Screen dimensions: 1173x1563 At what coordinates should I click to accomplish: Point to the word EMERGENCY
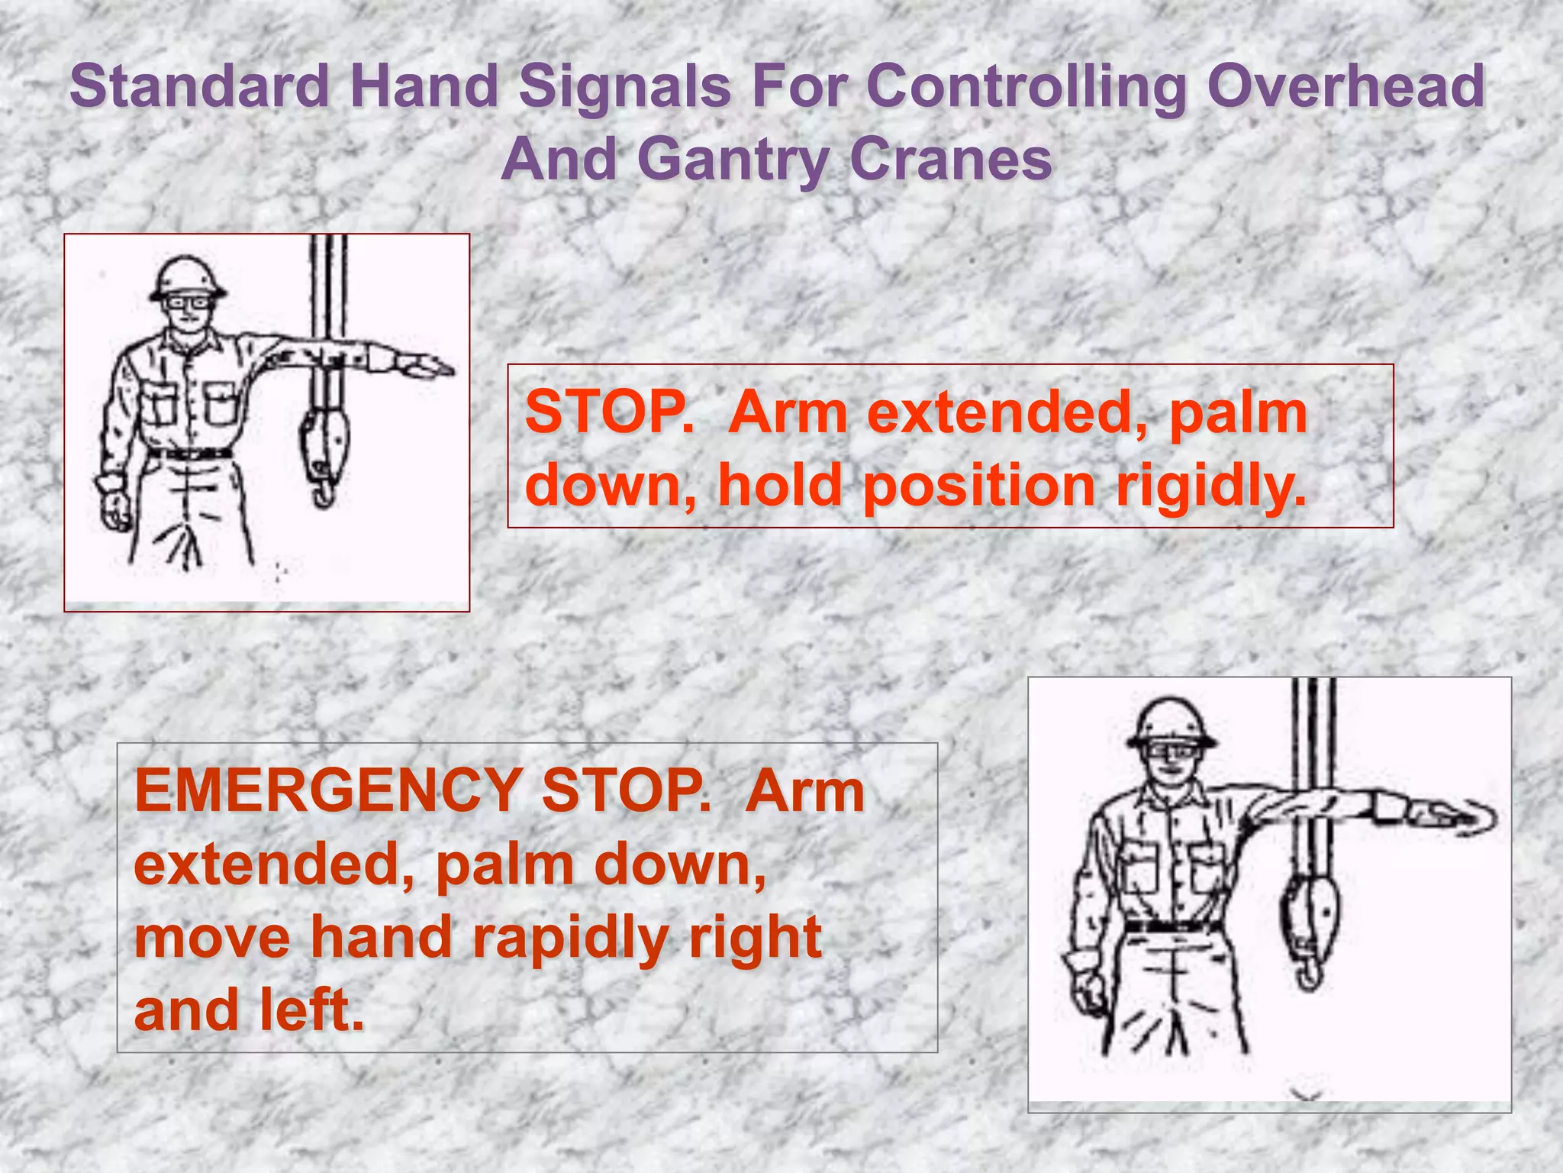327,790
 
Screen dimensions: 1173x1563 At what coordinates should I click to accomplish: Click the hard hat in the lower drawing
1170,722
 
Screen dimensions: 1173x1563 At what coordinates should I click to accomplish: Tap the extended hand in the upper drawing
427,367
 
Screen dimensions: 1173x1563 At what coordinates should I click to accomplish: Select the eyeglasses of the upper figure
188,302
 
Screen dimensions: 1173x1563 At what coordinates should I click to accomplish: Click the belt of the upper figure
191,453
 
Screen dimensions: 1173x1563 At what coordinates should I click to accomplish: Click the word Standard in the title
200,86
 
